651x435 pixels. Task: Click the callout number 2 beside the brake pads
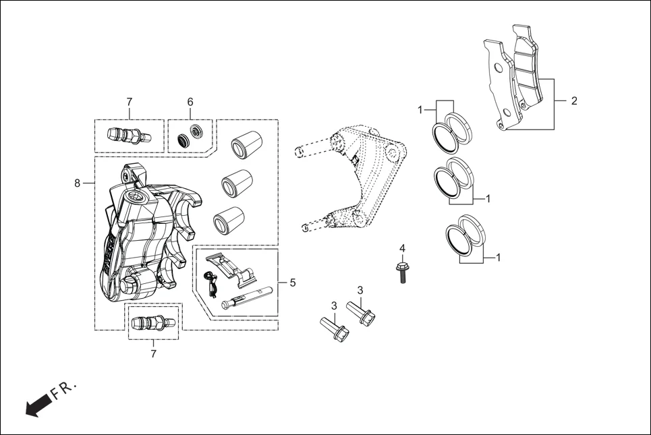(574, 101)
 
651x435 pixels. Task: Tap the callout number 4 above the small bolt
(402, 249)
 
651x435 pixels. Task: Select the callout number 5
(292, 283)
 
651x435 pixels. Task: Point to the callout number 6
(190, 101)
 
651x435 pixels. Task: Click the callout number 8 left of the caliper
(77, 183)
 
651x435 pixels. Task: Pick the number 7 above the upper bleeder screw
(129, 101)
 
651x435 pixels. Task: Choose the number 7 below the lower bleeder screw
(153, 353)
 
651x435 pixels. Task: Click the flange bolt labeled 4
(402, 271)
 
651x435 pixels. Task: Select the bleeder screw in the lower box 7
(152, 321)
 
